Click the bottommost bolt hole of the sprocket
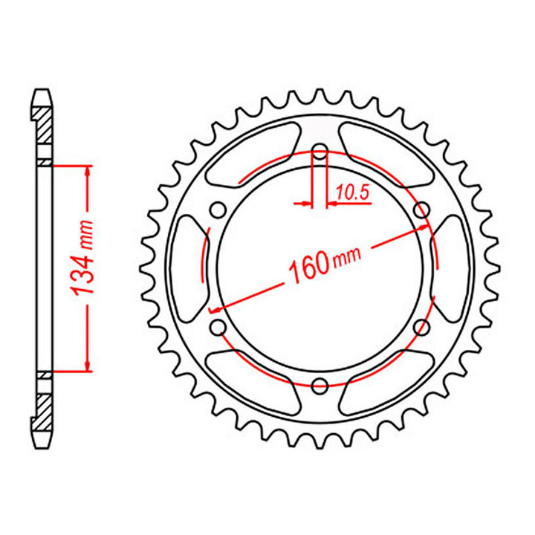pyautogui.click(x=320, y=386)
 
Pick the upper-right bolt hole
pyautogui.click(x=422, y=210)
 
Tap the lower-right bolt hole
pyautogui.click(x=421, y=327)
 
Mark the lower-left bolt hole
pyautogui.click(x=218, y=327)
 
